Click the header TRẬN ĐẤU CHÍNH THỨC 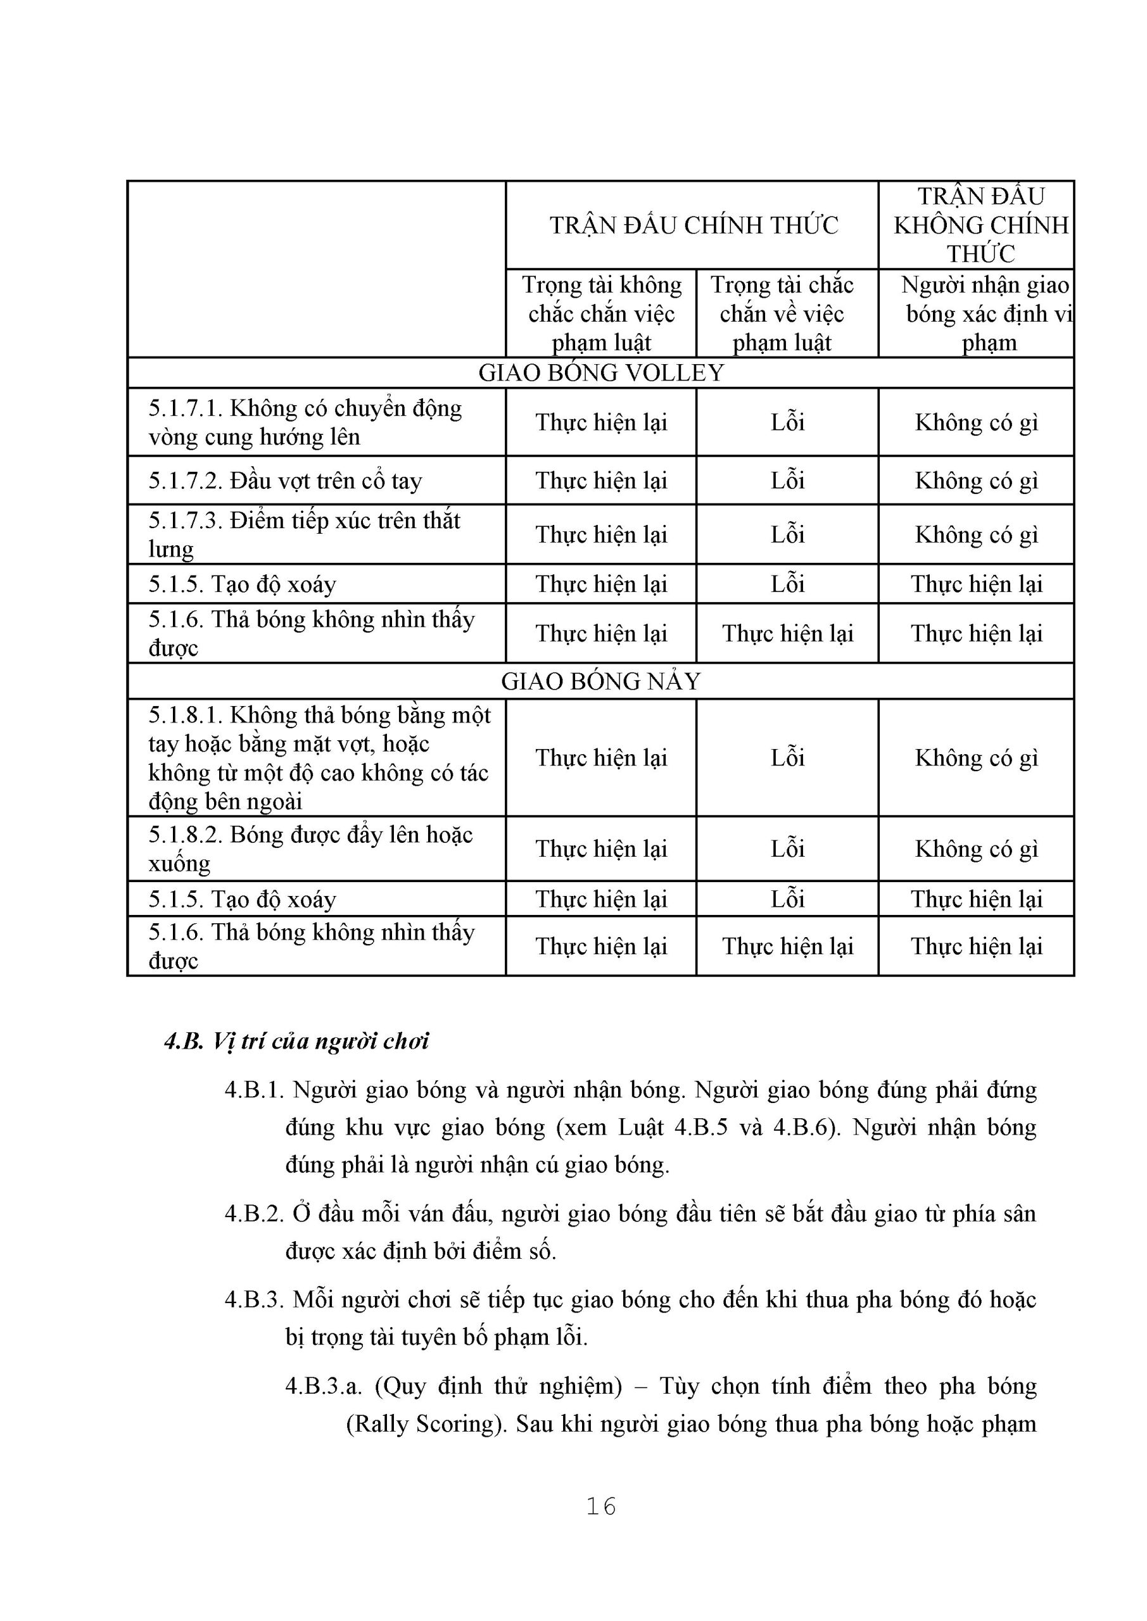click(694, 225)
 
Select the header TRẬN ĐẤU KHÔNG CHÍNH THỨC click(980, 225)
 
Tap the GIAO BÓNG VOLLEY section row click(601, 373)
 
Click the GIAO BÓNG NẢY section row click(601, 681)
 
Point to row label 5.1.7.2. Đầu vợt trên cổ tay click(286, 481)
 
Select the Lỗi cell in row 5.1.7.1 click(787, 422)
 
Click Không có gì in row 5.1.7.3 click(976, 534)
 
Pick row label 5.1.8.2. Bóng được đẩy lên click(310, 848)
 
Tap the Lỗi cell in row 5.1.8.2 click(787, 848)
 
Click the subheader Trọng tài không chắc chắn click(602, 313)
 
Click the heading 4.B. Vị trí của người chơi click(296, 1042)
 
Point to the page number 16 click(601, 1506)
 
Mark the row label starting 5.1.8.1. click(319, 757)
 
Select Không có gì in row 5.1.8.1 click(976, 757)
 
